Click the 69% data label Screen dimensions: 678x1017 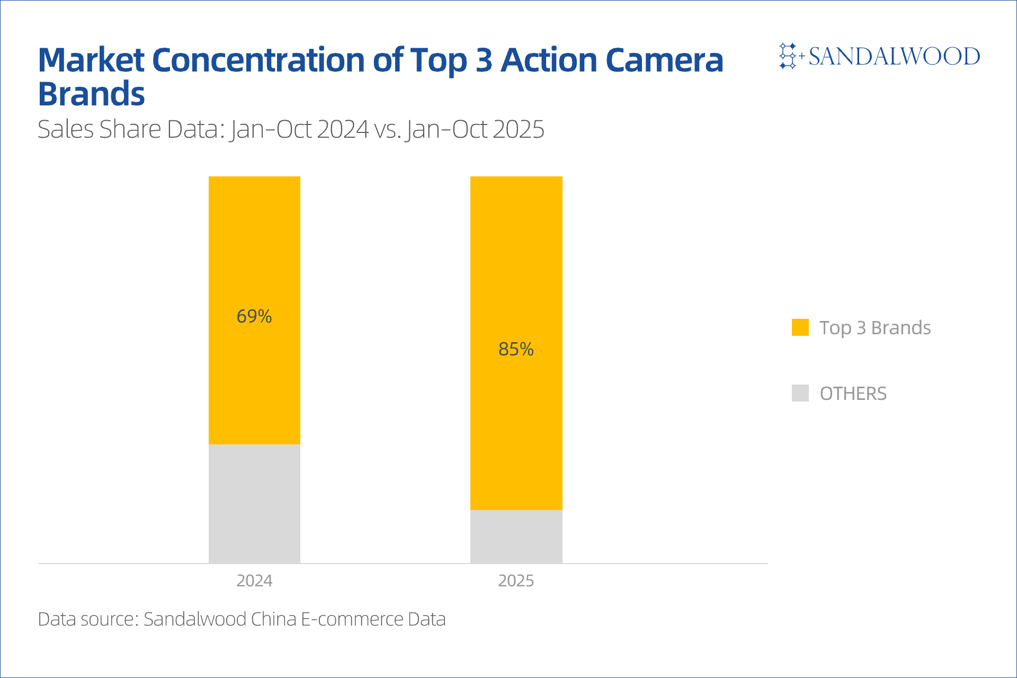tap(254, 316)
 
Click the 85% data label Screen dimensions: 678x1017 tap(516, 349)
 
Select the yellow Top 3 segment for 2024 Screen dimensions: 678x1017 tap(254, 238)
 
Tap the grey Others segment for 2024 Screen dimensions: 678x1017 tap(254, 503)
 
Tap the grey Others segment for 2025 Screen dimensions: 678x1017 tap(516, 536)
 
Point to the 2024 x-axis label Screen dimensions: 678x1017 tap(254, 581)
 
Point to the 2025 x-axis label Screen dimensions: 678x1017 tap(516, 581)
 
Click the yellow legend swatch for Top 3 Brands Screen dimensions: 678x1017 tap(800, 327)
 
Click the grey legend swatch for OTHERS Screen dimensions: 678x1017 tap(800, 393)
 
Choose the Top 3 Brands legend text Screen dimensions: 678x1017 tap(875, 328)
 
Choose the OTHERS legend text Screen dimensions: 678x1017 tap(853, 394)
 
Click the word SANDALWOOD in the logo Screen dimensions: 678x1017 tap(894, 56)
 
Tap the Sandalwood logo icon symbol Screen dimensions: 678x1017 tap(788, 56)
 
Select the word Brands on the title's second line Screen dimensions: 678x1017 tap(91, 94)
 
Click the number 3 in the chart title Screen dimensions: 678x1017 tap(484, 60)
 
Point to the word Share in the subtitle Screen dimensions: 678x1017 tap(130, 129)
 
